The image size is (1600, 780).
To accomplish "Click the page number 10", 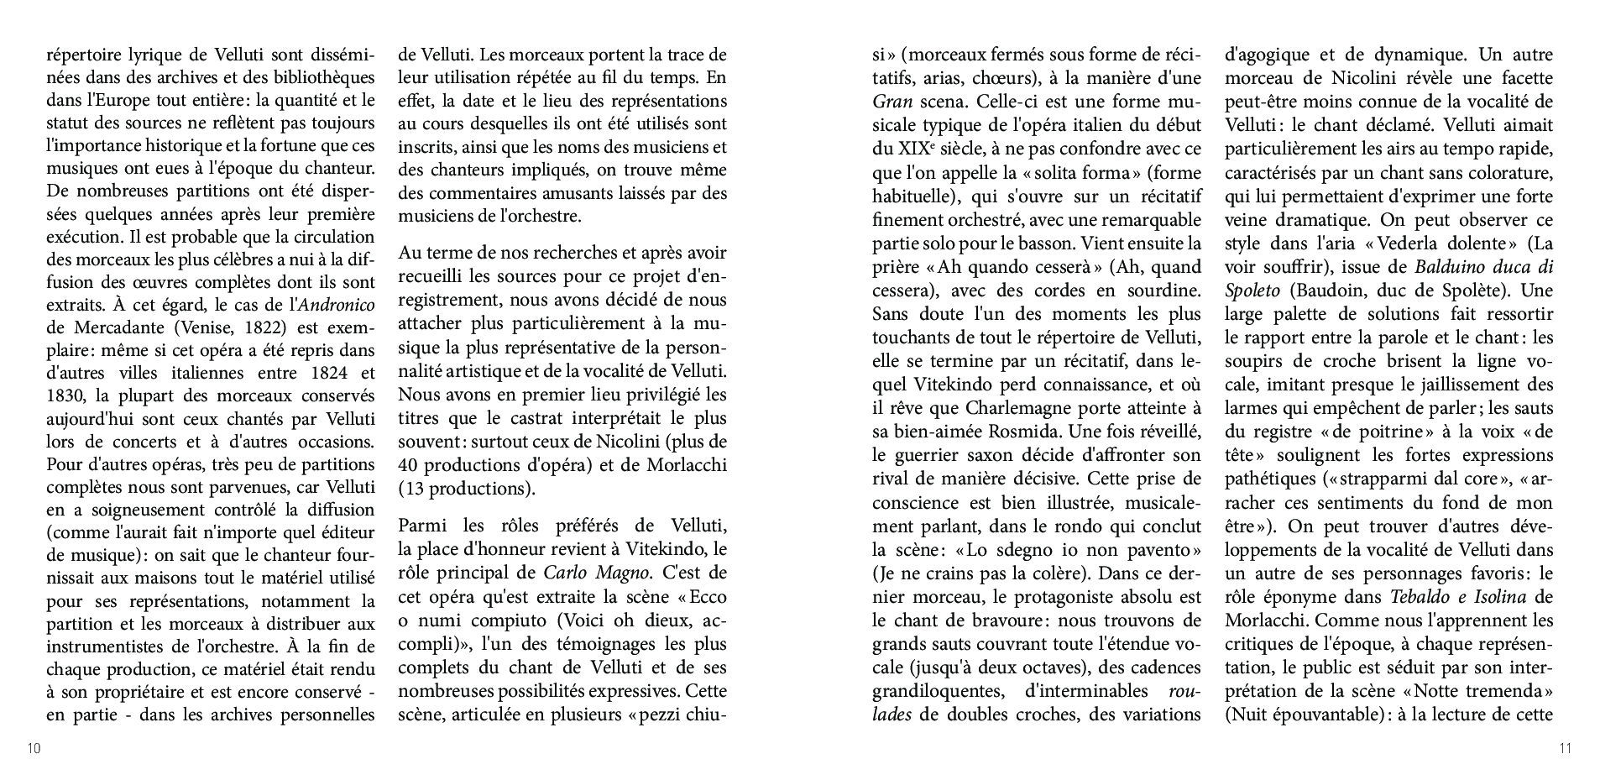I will click(x=34, y=749).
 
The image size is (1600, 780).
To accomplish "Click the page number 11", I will click(x=1565, y=749).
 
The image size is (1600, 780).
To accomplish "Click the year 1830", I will click(x=66, y=395).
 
